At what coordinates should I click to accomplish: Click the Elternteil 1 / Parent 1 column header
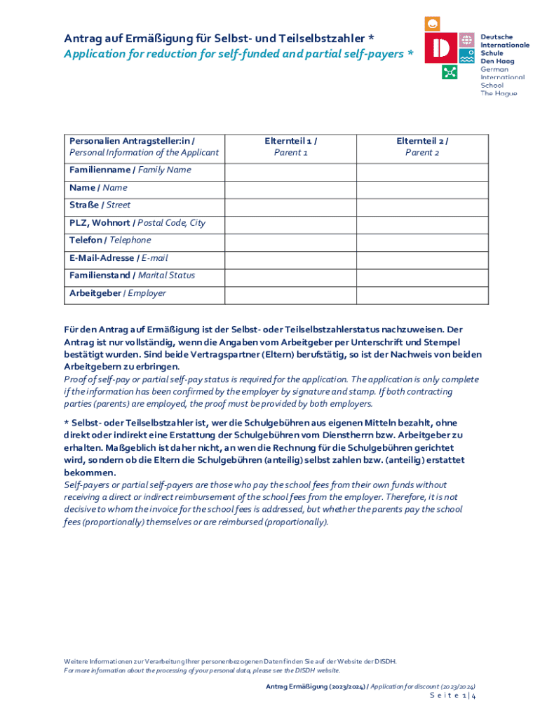291,147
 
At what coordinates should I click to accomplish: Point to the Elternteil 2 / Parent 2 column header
422,147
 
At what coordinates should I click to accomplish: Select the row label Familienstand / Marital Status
133,276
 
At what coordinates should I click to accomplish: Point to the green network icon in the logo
450,72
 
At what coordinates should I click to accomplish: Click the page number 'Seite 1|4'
452,696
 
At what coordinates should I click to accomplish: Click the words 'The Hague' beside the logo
499,93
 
